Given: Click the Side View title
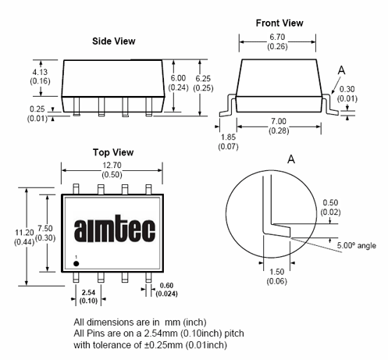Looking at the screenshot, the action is (x=114, y=41).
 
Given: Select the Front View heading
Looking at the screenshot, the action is (x=279, y=23).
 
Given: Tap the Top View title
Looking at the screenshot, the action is (x=113, y=152).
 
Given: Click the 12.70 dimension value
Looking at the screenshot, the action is (x=112, y=166).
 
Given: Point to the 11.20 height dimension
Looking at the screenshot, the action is (x=24, y=233).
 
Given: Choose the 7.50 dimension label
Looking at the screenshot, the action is (x=45, y=228).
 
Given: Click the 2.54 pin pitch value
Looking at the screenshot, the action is (x=88, y=292).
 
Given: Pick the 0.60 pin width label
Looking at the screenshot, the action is (x=166, y=286).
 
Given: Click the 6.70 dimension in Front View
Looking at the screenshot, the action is (x=277, y=37).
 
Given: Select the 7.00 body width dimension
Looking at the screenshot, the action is (x=279, y=121).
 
